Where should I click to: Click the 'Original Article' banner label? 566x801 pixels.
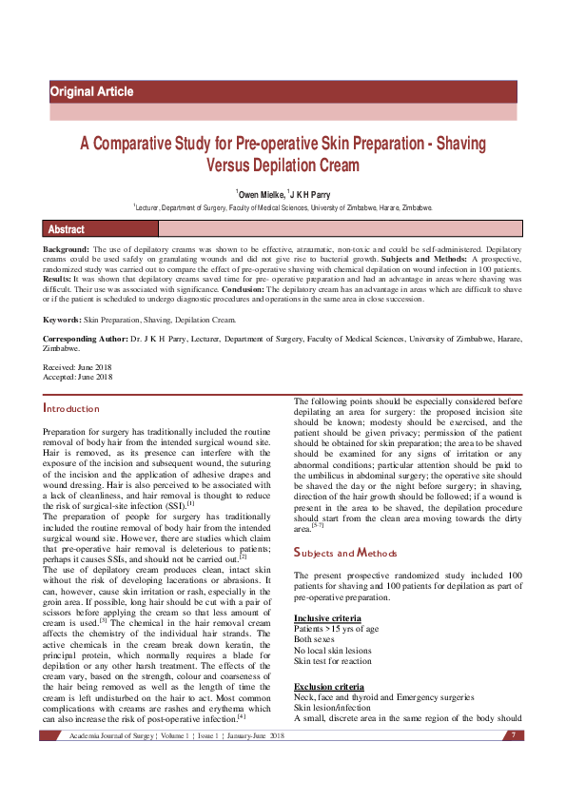pyautogui.click(x=91, y=92)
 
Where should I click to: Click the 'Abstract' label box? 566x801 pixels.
pyautogui.click(x=67, y=229)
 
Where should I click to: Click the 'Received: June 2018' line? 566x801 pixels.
pyautogui.click(x=78, y=366)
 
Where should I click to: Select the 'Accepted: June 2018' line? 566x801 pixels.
pyautogui.click(x=78, y=377)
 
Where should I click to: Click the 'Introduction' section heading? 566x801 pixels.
pyautogui.click(x=71, y=409)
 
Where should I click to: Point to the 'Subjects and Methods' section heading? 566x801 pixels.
pyautogui.click(x=346, y=553)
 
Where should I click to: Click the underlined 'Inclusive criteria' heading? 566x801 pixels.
pyautogui.click(x=326, y=618)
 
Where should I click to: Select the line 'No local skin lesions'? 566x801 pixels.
pyautogui.click(x=333, y=651)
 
